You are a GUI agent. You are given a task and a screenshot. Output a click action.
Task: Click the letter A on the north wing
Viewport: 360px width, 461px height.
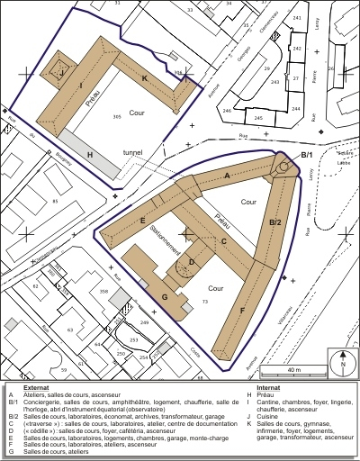click(x=227, y=176)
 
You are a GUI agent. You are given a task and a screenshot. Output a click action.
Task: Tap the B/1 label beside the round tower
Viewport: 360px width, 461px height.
click(x=306, y=156)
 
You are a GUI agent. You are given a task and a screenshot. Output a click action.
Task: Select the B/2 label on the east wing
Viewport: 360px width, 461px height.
click(x=276, y=221)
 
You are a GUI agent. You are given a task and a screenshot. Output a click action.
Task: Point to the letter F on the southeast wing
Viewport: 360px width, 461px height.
click(x=241, y=309)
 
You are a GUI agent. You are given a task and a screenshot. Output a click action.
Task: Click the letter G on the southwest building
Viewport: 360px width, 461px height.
click(x=165, y=296)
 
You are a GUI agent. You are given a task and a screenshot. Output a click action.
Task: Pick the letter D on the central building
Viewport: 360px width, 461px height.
click(x=191, y=264)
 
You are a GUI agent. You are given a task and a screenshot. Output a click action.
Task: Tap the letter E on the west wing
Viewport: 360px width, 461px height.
click(x=143, y=221)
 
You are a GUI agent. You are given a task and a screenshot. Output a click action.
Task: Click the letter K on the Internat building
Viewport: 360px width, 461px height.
click(x=144, y=78)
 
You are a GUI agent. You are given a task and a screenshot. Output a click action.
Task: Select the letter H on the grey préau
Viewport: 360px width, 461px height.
click(x=90, y=155)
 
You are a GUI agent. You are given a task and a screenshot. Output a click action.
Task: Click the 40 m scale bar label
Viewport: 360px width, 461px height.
click(x=294, y=369)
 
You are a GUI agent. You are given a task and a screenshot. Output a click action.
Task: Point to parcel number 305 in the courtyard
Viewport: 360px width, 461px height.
click(x=117, y=117)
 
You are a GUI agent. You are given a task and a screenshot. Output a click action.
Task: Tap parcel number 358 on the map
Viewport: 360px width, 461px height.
click(x=103, y=292)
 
